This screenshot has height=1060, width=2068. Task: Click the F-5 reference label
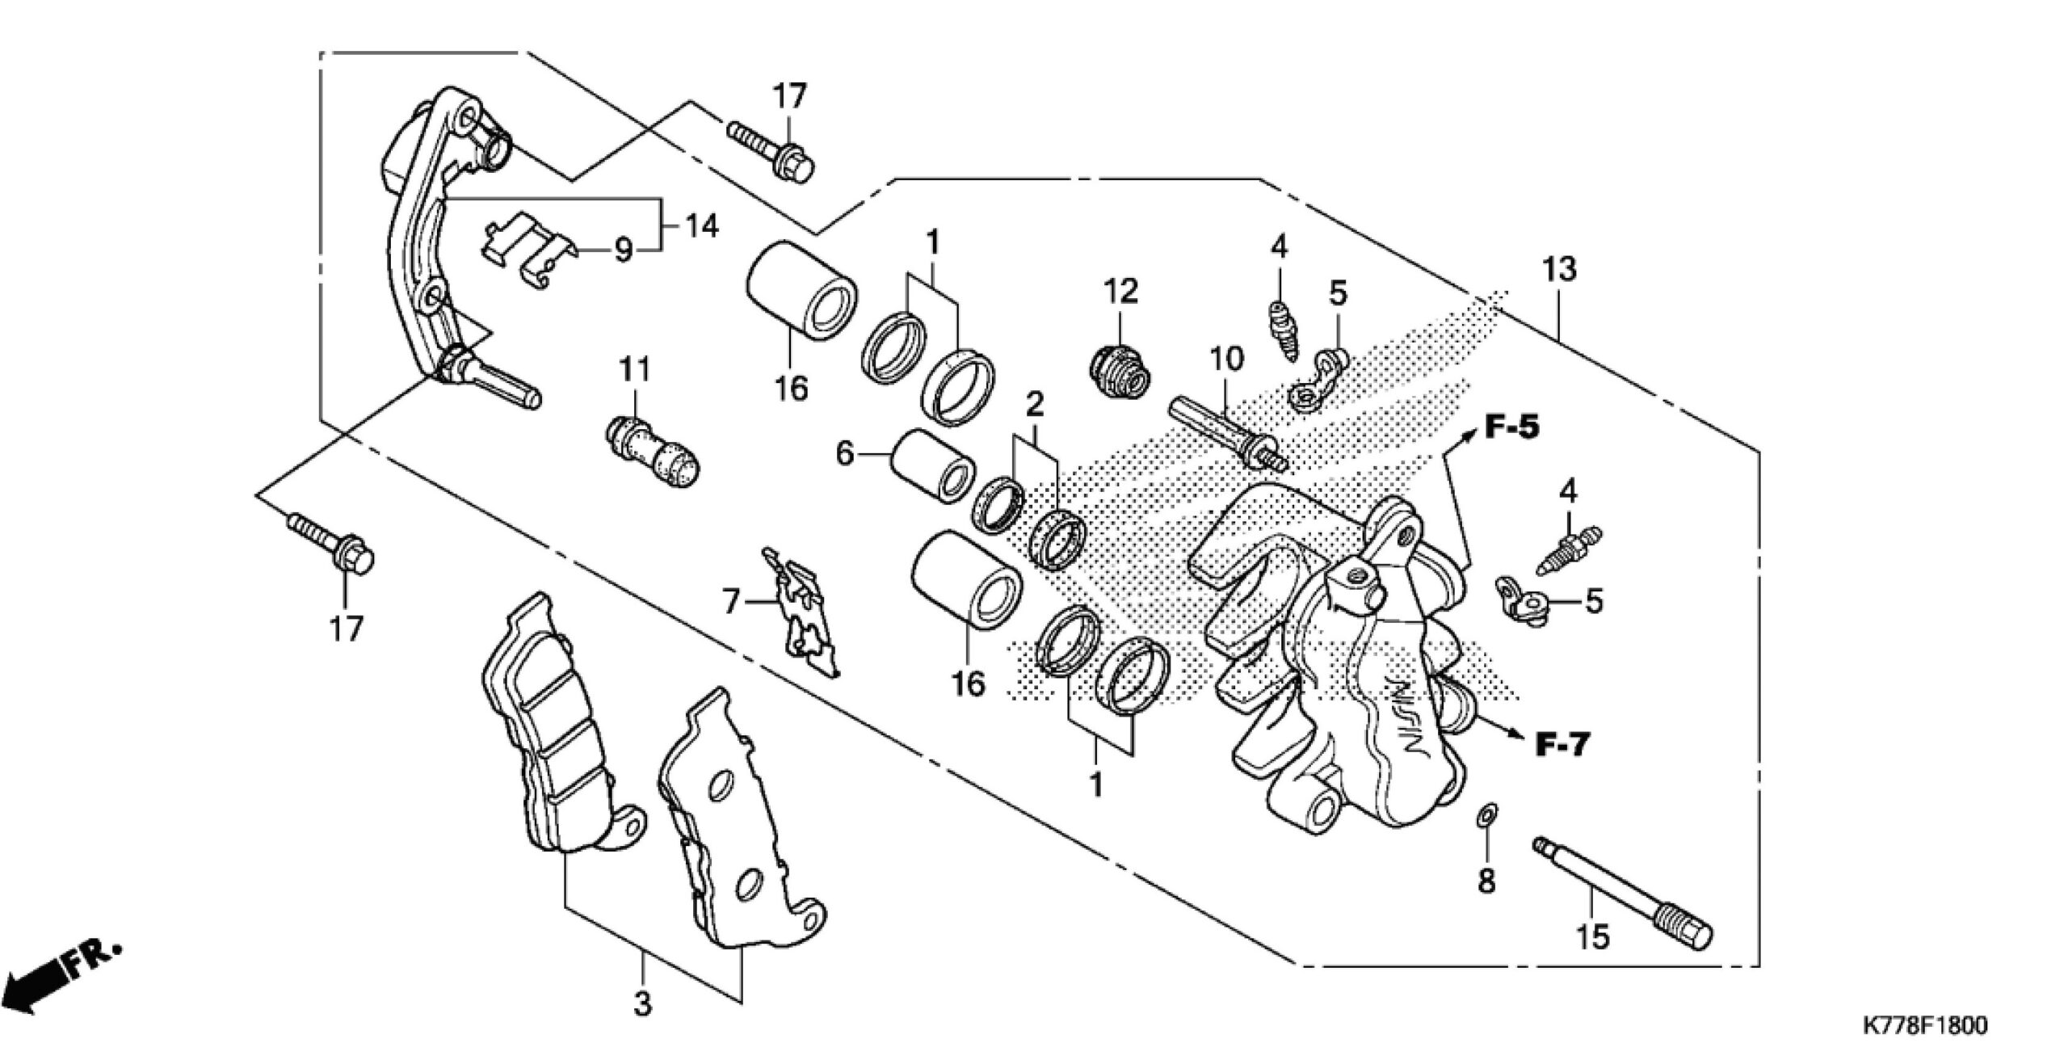[x=1512, y=427]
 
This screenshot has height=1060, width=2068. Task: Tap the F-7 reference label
[x=1562, y=744]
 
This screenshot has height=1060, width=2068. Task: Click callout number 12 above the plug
[x=1121, y=292]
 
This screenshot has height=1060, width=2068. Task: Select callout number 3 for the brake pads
[x=641, y=1004]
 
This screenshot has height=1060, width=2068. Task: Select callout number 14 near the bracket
[x=700, y=227]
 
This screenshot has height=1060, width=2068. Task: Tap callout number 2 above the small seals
[x=1035, y=403]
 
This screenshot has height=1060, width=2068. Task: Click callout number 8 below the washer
[x=1486, y=880]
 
